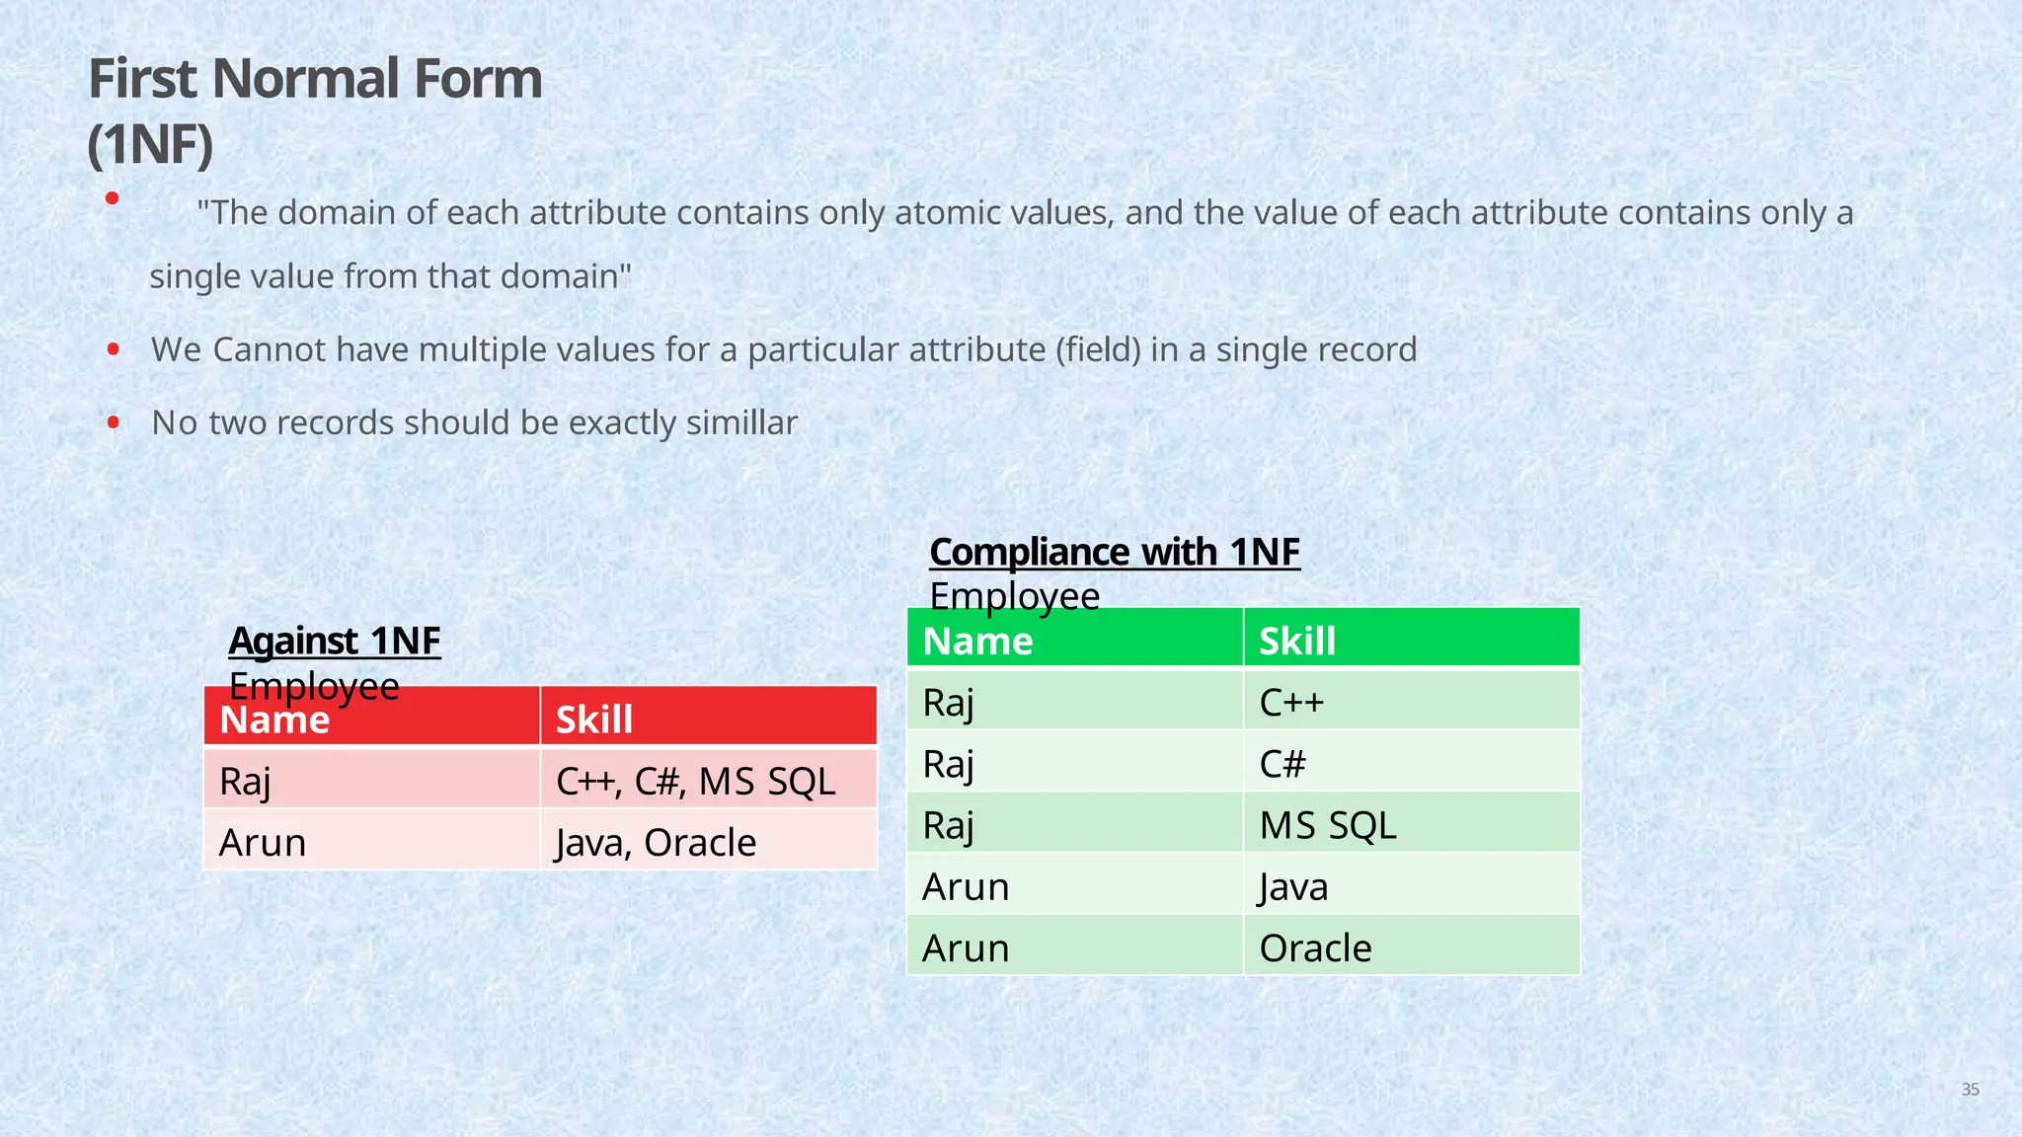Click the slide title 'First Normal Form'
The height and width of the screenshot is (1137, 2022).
tap(315, 79)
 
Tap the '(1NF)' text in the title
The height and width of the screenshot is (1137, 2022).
tap(150, 144)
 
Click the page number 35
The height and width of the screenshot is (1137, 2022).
tap(1970, 1090)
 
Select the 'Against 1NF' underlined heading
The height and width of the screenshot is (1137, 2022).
tap(335, 642)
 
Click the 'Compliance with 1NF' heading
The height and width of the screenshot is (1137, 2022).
tap(1115, 553)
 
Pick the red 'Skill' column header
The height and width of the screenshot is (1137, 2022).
tap(594, 720)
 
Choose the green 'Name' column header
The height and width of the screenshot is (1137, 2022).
tap(977, 642)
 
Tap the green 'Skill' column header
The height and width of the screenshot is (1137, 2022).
tap(1297, 642)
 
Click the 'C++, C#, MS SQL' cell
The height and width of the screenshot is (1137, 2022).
tap(696, 782)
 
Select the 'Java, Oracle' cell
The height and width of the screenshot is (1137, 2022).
tap(657, 843)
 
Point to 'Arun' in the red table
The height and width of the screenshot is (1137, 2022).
tap(263, 843)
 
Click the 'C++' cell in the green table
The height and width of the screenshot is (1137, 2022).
tap(1291, 703)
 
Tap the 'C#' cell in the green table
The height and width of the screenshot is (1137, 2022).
tap(1283, 764)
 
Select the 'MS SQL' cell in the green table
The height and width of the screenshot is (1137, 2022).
tap(1328, 825)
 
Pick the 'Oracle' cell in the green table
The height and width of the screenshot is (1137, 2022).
tap(1315, 948)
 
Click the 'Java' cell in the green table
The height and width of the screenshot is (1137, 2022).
tap(1293, 887)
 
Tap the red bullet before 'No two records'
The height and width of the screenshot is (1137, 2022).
tap(114, 422)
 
